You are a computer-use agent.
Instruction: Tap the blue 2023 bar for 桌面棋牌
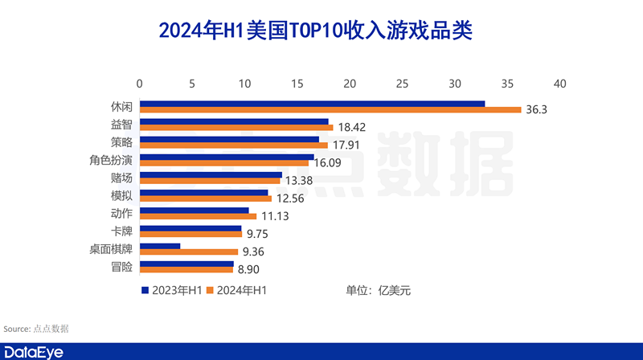click(x=160, y=246)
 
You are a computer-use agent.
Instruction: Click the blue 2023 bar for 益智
click(x=235, y=122)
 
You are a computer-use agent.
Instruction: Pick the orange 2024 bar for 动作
click(x=198, y=216)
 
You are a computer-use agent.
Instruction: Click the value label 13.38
click(x=300, y=181)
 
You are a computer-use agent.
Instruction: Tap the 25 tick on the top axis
click(x=403, y=84)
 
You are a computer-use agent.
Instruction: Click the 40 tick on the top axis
click(x=560, y=84)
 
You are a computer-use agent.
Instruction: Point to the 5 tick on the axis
click(x=192, y=84)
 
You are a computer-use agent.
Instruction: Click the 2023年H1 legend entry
click(x=171, y=290)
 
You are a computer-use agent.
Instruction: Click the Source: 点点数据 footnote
click(x=36, y=328)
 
